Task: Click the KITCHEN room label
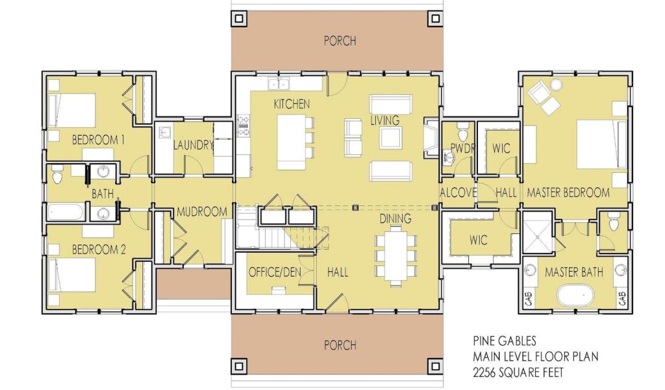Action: [292, 104]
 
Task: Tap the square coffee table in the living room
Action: [390, 138]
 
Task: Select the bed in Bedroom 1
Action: [71, 110]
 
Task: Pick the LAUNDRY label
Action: [193, 145]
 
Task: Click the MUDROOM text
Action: [202, 212]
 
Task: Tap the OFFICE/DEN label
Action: [275, 272]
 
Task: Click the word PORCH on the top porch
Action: [340, 41]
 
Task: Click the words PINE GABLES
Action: [505, 341]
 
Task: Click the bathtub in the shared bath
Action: [66, 212]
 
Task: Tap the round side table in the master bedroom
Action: [556, 85]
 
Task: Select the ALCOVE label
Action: [458, 192]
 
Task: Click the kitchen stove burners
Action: [244, 126]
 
